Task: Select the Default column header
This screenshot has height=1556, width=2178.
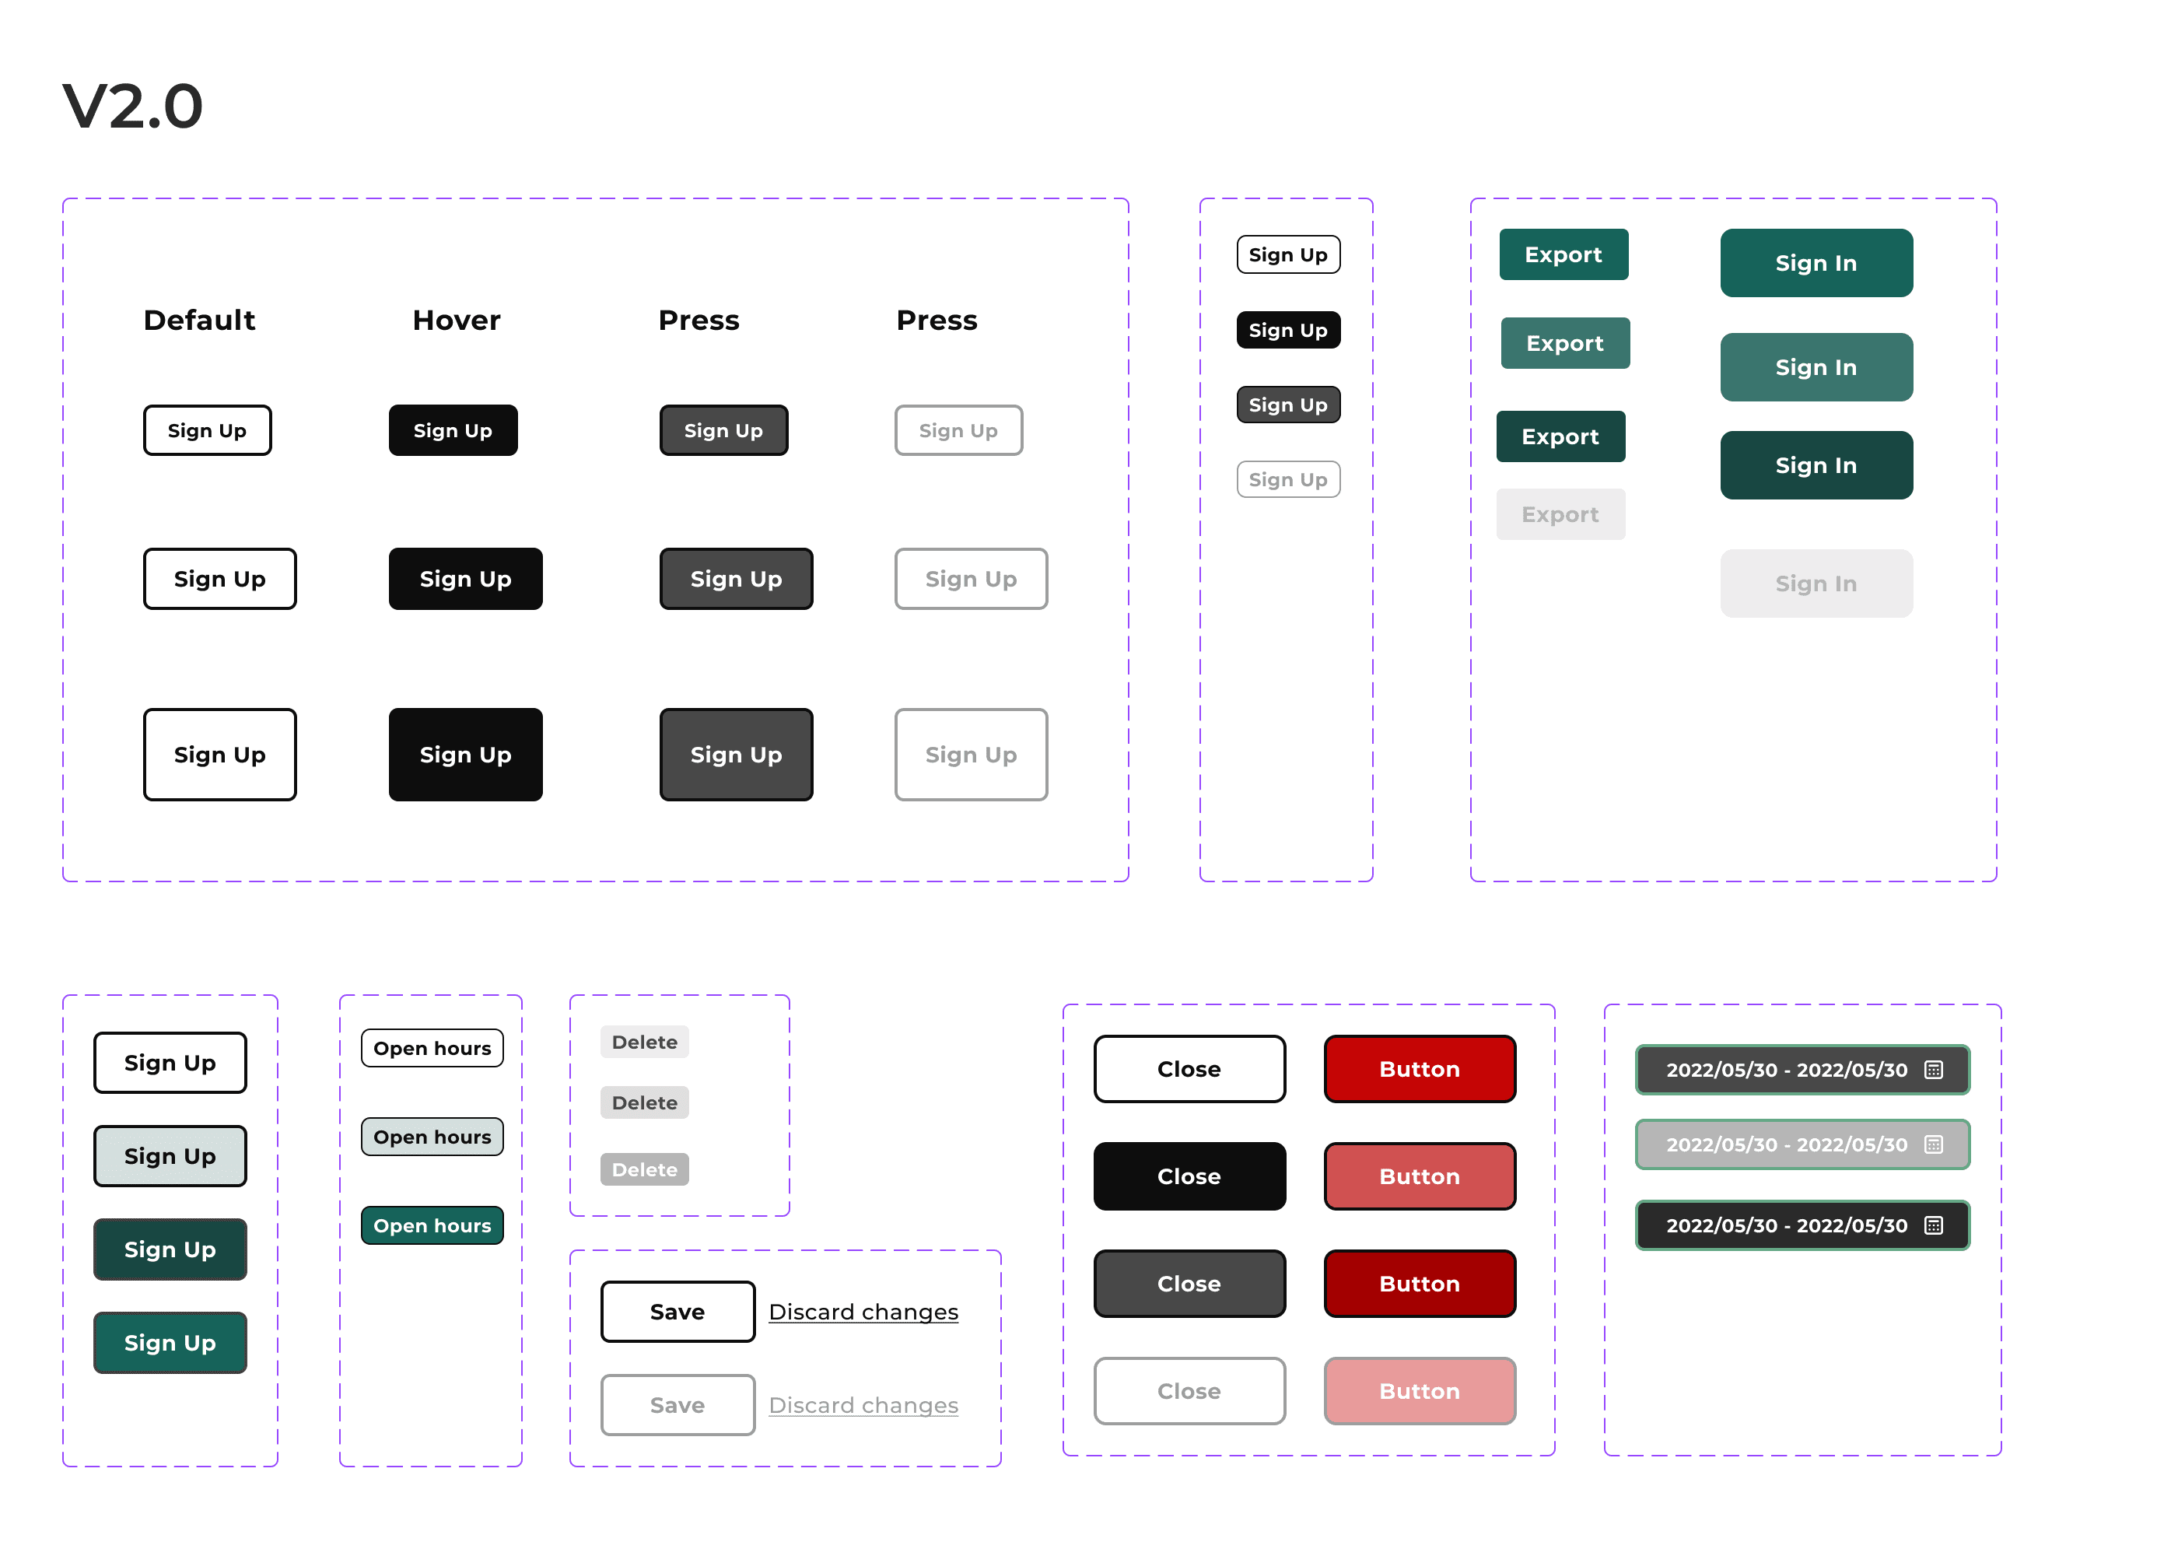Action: click(x=199, y=320)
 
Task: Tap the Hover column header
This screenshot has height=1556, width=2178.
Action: click(x=456, y=320)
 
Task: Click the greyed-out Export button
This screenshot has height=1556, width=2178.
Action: click(x=1560, y=514)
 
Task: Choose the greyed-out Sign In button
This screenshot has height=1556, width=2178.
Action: click(x=1816, y=583)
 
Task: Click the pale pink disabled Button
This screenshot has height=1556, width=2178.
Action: click(x=1420, y=1391)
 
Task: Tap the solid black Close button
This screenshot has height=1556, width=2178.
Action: click(x=1189, y=1176)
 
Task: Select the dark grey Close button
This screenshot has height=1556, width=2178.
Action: click(x=1189, y=1284)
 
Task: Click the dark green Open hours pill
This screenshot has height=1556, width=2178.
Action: click(x=432, y=1225)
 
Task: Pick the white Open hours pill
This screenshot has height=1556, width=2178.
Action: click(x=432, y=1048)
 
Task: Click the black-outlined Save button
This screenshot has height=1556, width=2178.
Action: click(x=678, y=1312)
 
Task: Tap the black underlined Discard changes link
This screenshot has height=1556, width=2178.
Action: click(x=863, y=1312)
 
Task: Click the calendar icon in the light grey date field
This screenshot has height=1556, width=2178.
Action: click(x=1934, y=1145)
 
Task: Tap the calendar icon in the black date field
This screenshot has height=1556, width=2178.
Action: click(x=1934, y=1225)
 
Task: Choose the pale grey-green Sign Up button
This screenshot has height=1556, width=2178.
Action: click(x=170, y=1156)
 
